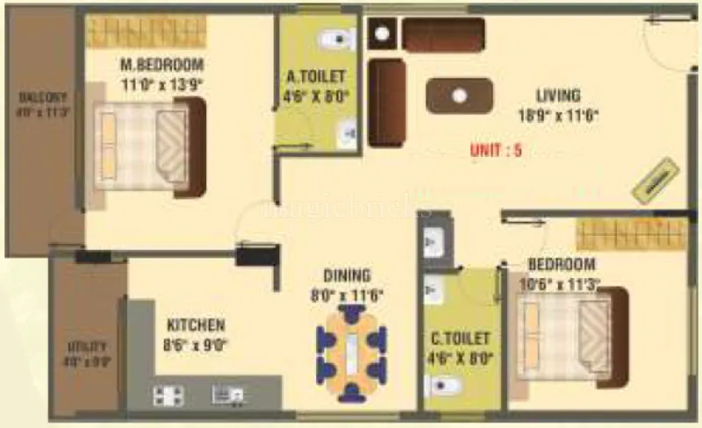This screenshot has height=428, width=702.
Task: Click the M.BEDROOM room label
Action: [161, 65]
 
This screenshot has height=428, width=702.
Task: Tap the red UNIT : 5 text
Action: [496, 150]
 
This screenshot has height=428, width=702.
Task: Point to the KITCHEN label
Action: [196, 325]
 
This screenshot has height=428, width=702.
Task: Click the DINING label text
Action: [347, 275]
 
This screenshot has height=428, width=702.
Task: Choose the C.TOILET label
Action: [459, 337]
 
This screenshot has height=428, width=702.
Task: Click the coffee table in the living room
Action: [460, 96]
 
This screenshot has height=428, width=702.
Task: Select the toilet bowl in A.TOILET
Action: [335, 39]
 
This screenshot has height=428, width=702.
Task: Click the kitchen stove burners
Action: [168, 396]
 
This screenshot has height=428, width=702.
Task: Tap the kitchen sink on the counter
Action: [225, 395]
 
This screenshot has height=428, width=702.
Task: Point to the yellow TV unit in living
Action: [656, 180]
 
